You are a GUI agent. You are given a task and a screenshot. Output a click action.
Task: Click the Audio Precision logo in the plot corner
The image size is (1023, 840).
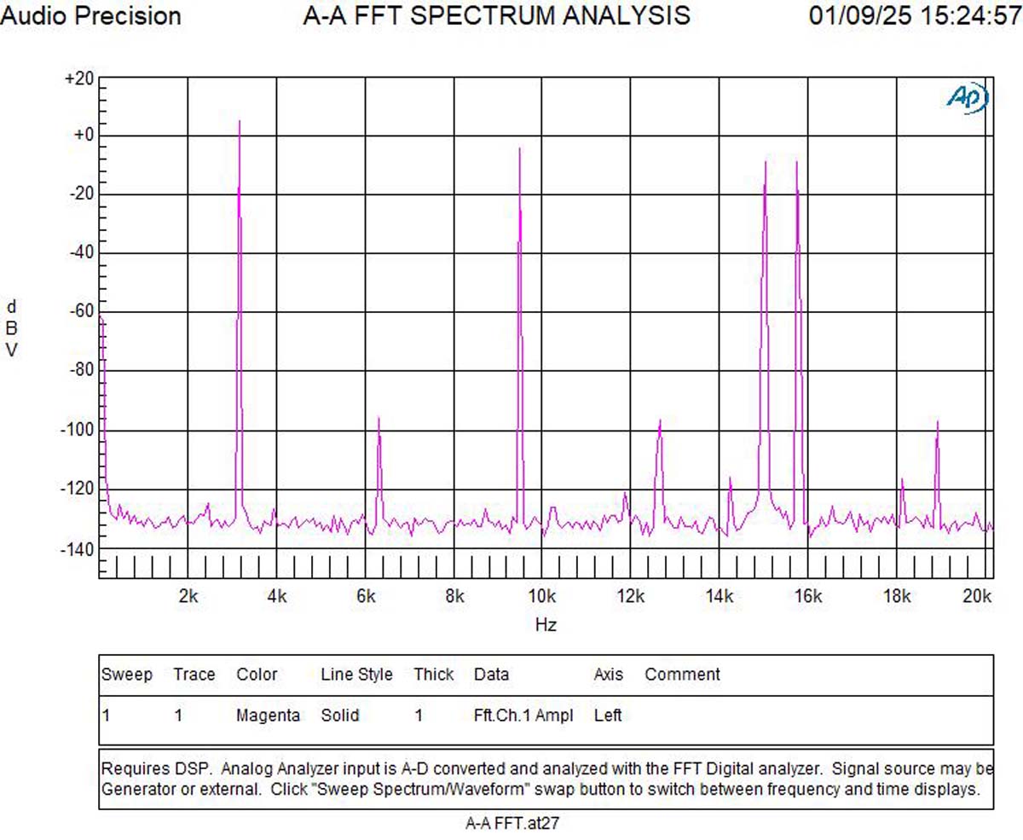(968, 97)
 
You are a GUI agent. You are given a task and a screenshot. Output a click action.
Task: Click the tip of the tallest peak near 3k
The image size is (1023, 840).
(240, 122)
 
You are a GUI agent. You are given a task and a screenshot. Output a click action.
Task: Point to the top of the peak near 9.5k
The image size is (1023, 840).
(519, 149)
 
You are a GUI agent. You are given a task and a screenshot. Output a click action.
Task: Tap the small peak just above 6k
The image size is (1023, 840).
(379, 418)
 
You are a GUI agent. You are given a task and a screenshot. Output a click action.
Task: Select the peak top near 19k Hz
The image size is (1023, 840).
(937, 422)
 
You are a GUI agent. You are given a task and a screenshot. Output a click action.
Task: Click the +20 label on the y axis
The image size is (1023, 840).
(79, 78)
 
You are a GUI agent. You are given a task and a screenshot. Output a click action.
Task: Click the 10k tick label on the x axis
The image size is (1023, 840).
(542, 596)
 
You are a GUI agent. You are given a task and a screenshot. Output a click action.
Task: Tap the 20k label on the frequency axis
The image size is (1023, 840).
(977, 596)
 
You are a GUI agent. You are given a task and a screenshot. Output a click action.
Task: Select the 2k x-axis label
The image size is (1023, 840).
(188, 596)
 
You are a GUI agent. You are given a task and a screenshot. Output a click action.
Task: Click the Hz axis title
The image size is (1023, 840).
(546, 625)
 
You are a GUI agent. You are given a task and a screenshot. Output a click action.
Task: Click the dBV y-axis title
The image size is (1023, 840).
(12, 328)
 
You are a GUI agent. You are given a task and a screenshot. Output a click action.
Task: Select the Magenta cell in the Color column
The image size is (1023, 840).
(268, 715)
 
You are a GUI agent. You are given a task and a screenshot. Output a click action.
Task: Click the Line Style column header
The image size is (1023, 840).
(356, 675)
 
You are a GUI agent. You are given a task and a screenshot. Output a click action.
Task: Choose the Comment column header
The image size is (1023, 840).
(682, 675)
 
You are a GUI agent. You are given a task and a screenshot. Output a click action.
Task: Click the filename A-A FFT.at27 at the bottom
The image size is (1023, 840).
(511, 823)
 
